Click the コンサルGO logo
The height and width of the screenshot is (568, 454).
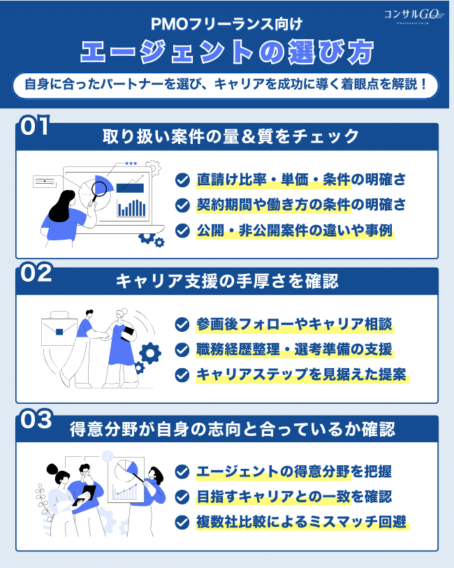pyautogui.click(x=412, y=15)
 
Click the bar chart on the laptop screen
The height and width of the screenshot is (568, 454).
pyautogui.click(x=131, y=207)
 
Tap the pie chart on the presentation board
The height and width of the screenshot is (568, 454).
pyautogui.click(x=126, y=466)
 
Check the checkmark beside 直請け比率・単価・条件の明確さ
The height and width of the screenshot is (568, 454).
pyautogui.click(x=182, y=180)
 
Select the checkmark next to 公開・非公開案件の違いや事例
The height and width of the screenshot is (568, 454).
pyautogui.click(x=182, y=230)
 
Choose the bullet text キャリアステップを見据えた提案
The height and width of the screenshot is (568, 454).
pyautogui.click(x=301, y=374)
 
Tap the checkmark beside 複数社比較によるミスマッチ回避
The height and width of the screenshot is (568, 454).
pyautogui.click(x=182, y=521)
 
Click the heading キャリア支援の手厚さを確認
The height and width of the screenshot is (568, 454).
pyautogui.click(x=227, y=281)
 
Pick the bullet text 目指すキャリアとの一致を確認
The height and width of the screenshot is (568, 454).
pyautogui.click(x=294, y=497)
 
